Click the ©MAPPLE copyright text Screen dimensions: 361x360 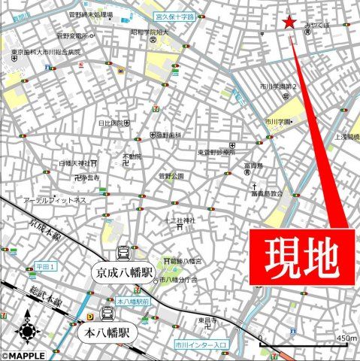[x=23, y=356]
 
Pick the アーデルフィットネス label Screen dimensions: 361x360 [x=55, y=200]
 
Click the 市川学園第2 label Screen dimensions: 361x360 [x=282, y=86]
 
